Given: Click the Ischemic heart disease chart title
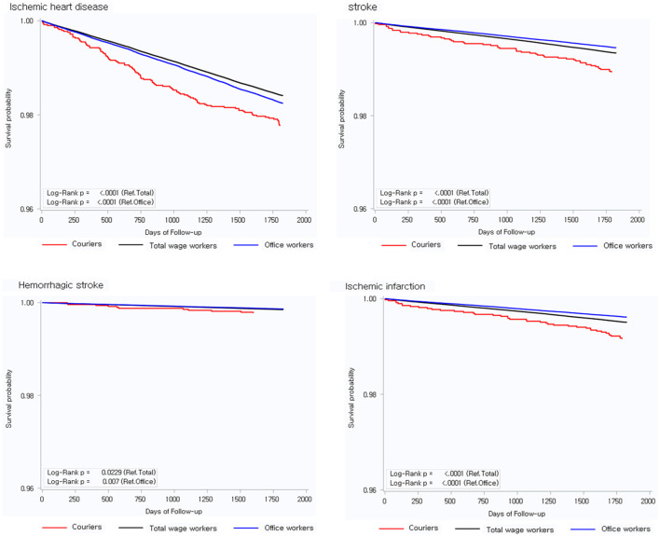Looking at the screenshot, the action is tap(59, 7).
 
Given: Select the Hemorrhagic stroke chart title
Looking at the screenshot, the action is tap(61, 285).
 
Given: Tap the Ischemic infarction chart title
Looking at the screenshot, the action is tap(385, 286).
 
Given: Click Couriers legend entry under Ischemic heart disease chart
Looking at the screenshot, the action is tap(72, 244).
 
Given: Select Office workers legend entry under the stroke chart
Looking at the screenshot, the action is tap(612, 245).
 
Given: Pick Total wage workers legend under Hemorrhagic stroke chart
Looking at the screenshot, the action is tap(168, 528).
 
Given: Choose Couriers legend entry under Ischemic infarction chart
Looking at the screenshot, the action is tap(408, 528).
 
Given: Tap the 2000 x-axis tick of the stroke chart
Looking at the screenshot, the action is tap(638, 220).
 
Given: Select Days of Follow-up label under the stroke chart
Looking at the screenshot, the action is tap(506, 232).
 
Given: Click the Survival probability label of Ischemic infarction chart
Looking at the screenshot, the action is tap(351, 398).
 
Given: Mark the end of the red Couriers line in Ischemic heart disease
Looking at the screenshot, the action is tap(280, 126).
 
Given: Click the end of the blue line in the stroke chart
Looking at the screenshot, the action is tap(616, 48).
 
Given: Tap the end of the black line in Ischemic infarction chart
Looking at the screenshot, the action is tap(626, 323).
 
